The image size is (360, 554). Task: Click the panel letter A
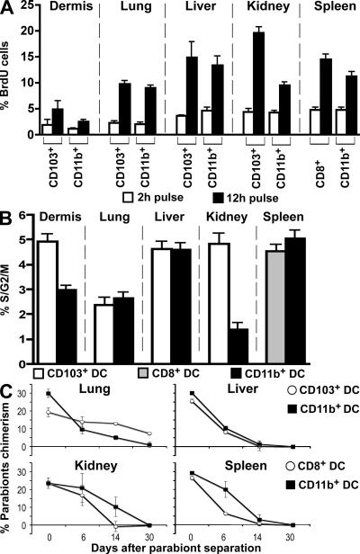(x=8, y=9)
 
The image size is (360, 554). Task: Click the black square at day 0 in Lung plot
(x=48, y=392)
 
